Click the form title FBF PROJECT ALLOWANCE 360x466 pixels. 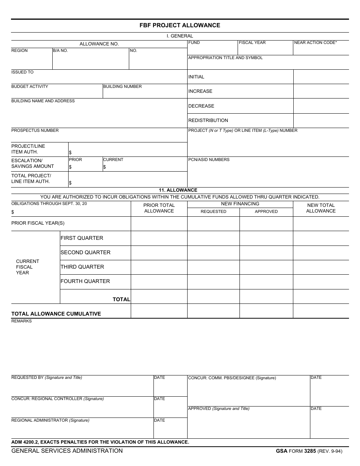coord(180,25)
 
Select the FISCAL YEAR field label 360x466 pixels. coord(252,43)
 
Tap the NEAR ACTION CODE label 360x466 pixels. coord(315,43)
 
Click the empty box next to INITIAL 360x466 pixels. coord(321,77)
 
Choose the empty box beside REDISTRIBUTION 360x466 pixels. coord(321,120)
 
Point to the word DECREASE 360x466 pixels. coord(201,106)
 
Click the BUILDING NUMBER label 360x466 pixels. coord(122,87)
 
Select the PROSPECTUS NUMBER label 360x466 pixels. coord(35,131)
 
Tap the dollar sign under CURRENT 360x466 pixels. coord(105,167)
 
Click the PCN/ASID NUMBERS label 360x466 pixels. coord(209,160)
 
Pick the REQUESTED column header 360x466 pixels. coord(213,212)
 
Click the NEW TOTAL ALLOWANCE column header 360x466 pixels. coord(321,208)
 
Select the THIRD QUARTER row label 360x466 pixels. coord(82,267)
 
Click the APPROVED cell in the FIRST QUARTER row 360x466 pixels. coord(266,238)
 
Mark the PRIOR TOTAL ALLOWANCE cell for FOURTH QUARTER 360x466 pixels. coord(159,281)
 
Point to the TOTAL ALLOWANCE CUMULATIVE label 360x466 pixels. coord(56,314)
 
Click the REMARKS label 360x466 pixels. coord(22,321)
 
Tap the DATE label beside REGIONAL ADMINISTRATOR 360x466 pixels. coord(160,421)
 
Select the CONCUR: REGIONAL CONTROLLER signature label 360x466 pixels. coord(58,399)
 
